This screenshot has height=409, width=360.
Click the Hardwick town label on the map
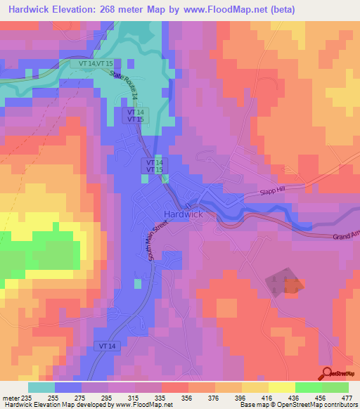point(184,214)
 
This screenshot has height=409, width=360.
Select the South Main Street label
point(158,240)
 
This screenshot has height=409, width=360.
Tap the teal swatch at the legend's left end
point(41,387)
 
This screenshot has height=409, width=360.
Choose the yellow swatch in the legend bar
point(281,387)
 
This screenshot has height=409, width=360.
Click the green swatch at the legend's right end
point(335,387)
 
